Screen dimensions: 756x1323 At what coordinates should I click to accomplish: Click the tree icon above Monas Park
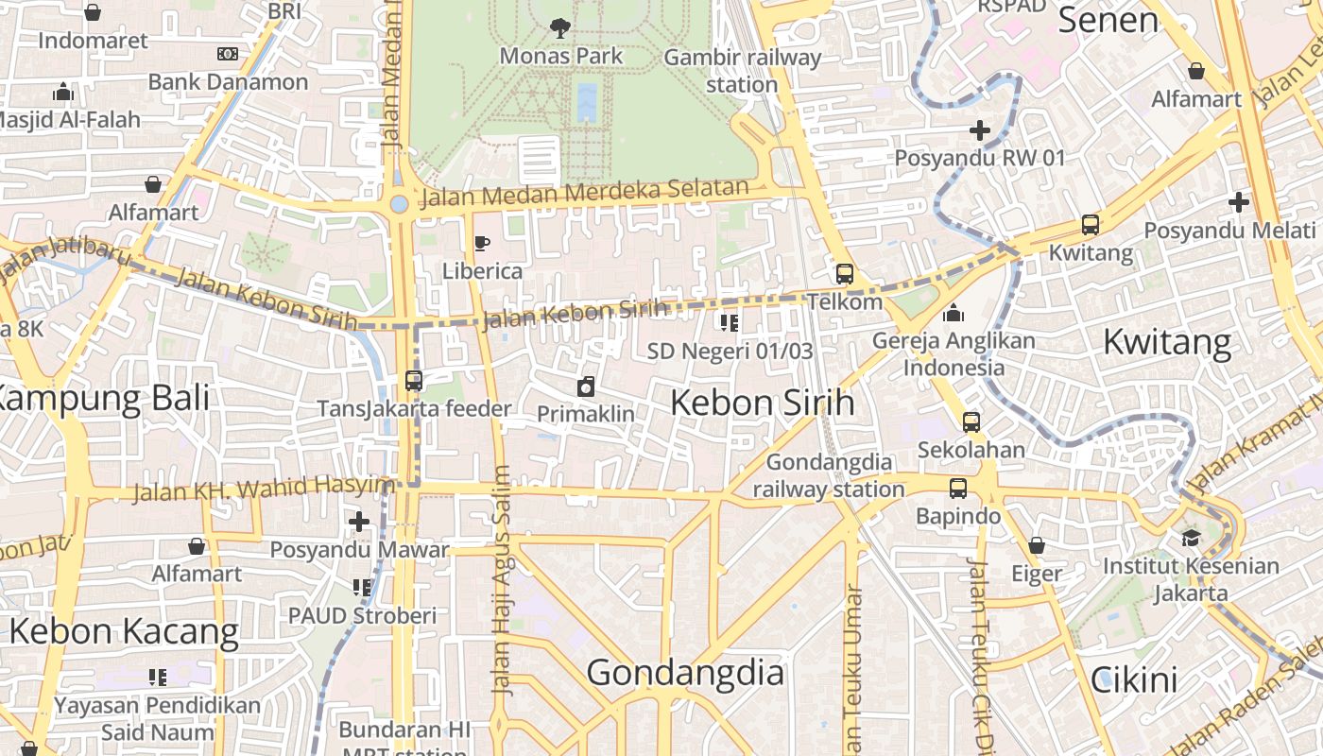pyautogui.click(x=560, y=27)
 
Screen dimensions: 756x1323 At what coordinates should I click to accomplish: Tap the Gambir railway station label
pyautogui.click(x=742, y=71)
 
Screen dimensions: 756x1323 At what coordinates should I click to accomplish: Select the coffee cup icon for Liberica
pyautogui.click(x=482, y=244)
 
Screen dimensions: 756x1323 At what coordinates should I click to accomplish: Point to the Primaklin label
pyautogui.click(x=586, y=414)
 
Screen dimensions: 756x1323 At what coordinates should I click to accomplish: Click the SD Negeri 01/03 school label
pyautogui.click(x=730, y=352)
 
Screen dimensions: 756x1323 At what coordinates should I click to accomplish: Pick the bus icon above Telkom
pyautogui.click(x=845, y=274)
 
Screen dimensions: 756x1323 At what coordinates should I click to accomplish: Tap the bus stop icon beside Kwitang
pyautogui.click(x=1090, y=225)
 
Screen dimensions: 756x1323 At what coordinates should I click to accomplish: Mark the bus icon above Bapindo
pyautogui.click(x=958, y=489)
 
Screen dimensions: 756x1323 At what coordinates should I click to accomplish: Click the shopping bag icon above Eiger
pyautogui.click(x=1037, y=545)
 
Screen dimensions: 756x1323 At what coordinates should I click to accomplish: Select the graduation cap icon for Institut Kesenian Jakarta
pyautogui.click(x=1191, y=539)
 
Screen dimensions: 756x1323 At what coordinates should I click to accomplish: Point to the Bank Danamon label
pyautogui.click(x=228, y=82)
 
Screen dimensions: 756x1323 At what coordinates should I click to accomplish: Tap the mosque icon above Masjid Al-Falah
pyautogui.click(x=63, y=92)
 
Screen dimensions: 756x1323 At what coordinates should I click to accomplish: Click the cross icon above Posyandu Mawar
pyautogui.click(x=359, y=521)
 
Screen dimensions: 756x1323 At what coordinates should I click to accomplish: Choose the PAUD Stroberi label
pyautogui.click(x=362, y=616)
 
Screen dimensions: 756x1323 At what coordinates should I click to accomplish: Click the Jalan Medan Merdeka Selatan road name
pyautogui.click(x=584, y=194)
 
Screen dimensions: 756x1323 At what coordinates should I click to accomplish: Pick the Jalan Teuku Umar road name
pyautogui.click(x=854, y=661)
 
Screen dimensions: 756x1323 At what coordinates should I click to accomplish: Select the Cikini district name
pyautogui.click(x=1134, y=680)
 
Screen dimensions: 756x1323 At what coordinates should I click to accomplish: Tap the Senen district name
pyautogui.click(x=1108, y=21)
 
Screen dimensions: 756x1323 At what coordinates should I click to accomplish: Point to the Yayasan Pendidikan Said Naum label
pyautogui.click(x=157, y=718)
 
